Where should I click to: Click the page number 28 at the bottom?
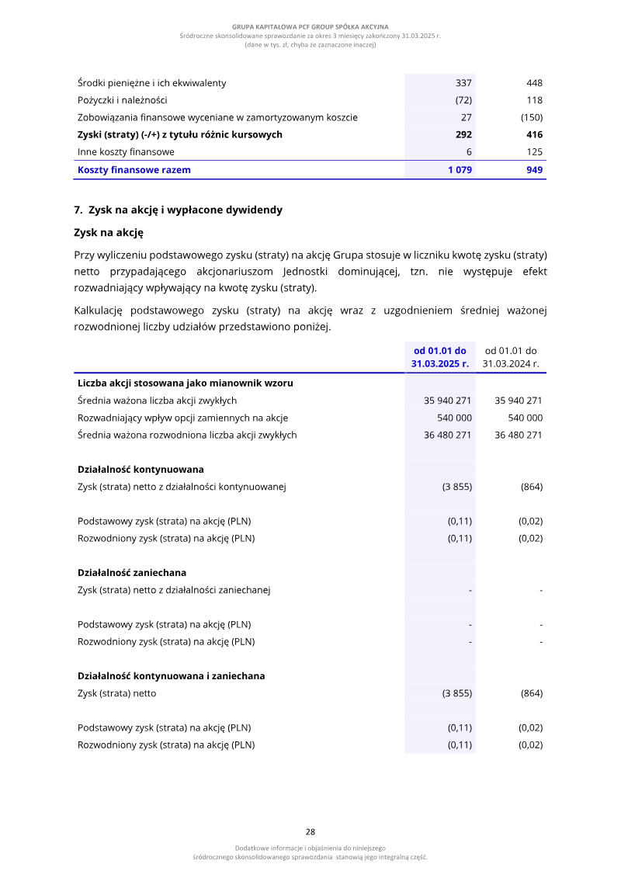point(310,831)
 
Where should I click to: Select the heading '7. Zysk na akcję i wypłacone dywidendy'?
point(178,210)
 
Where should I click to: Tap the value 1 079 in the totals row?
point(460,170)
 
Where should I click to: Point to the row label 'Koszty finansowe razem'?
point(134,170)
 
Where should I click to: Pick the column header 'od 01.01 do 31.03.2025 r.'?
point(439,356)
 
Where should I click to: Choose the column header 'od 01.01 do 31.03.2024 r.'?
point(511,356)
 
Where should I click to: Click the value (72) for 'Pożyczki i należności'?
point(463,100)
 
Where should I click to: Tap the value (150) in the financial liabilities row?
point(531,118)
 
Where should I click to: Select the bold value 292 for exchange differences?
point(463,135)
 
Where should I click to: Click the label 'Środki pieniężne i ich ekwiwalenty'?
point(152,83)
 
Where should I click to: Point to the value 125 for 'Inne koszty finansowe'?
point(533,152)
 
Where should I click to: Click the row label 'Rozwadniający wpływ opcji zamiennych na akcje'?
point(182,418)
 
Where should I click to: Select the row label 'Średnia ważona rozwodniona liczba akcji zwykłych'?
point(187,435)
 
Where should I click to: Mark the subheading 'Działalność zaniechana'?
point(132,573)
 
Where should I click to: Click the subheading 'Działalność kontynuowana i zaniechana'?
point(171,676)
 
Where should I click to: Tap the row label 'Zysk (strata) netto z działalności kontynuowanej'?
point(182,487)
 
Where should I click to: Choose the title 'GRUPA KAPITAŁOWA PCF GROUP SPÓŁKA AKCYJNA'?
point(310,27)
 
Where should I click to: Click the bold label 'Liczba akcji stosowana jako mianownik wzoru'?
point(185,383)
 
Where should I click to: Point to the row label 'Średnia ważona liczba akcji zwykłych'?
point(157,401)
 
